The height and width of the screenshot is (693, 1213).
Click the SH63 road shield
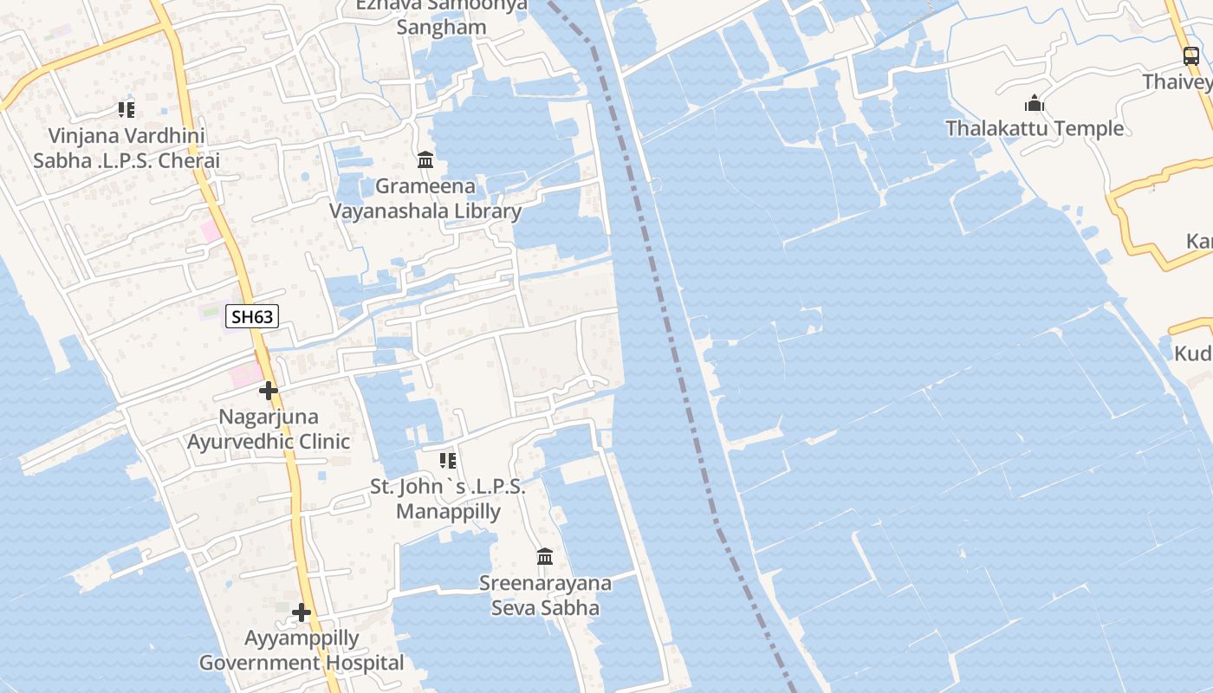click(252, 317)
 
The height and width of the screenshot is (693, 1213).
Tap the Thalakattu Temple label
click(1035, 129)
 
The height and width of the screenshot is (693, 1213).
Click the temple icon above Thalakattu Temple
click(1034, 105)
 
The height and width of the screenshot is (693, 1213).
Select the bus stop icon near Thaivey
click(1191, 57)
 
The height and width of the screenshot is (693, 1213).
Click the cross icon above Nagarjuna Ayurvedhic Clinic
click(269, 391)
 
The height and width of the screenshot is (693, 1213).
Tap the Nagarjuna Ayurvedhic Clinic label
click(269, 429)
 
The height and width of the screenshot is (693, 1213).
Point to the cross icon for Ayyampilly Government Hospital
click(302, 613)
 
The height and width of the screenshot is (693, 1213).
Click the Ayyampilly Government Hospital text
click(302, 651)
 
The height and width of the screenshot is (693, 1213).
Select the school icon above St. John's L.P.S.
click(448, 460)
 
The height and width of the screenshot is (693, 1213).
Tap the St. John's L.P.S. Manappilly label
click(448, 499)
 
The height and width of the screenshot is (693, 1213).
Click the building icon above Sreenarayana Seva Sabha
click(545, 556)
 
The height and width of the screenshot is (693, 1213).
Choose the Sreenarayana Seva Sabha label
click(545, 595)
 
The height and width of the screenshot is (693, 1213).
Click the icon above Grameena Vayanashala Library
click(425, 160)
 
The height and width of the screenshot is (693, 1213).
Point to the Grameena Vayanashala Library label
click(425, 198)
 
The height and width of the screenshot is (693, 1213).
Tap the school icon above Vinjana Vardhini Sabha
click(126, 110)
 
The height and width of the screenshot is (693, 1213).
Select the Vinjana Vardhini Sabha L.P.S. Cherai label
click(126, 148)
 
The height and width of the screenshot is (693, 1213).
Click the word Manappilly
click(448, 512)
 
